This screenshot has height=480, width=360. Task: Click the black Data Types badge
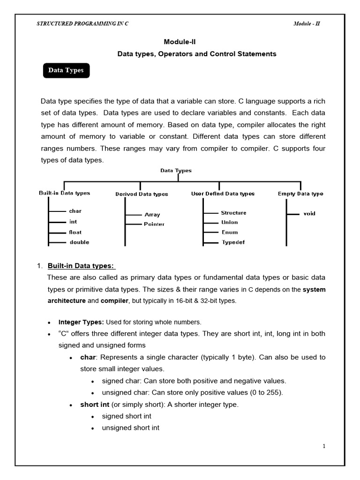(66, 70)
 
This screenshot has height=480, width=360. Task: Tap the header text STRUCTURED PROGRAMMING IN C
(82, 24)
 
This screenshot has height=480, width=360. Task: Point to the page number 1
(323, 446)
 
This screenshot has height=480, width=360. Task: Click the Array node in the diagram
(152, 215)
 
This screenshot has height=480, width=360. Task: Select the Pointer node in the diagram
(154, 224)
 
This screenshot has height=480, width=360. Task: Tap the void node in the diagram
(309, 213)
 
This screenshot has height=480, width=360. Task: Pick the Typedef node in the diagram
(233, 242)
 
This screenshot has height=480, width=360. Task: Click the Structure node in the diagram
(233, 213)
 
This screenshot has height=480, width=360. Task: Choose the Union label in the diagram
(230, 222)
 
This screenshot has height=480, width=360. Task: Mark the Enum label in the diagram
(230, 232)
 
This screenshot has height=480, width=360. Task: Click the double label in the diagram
(79, 242)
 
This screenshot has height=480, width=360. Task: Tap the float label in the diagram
(75, 232)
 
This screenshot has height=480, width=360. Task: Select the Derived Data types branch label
(142, 194)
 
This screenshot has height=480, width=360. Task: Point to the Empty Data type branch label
(300, 194)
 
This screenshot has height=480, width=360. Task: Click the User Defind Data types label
(223, 194)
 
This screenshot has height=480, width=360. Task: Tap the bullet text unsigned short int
(131, 427)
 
